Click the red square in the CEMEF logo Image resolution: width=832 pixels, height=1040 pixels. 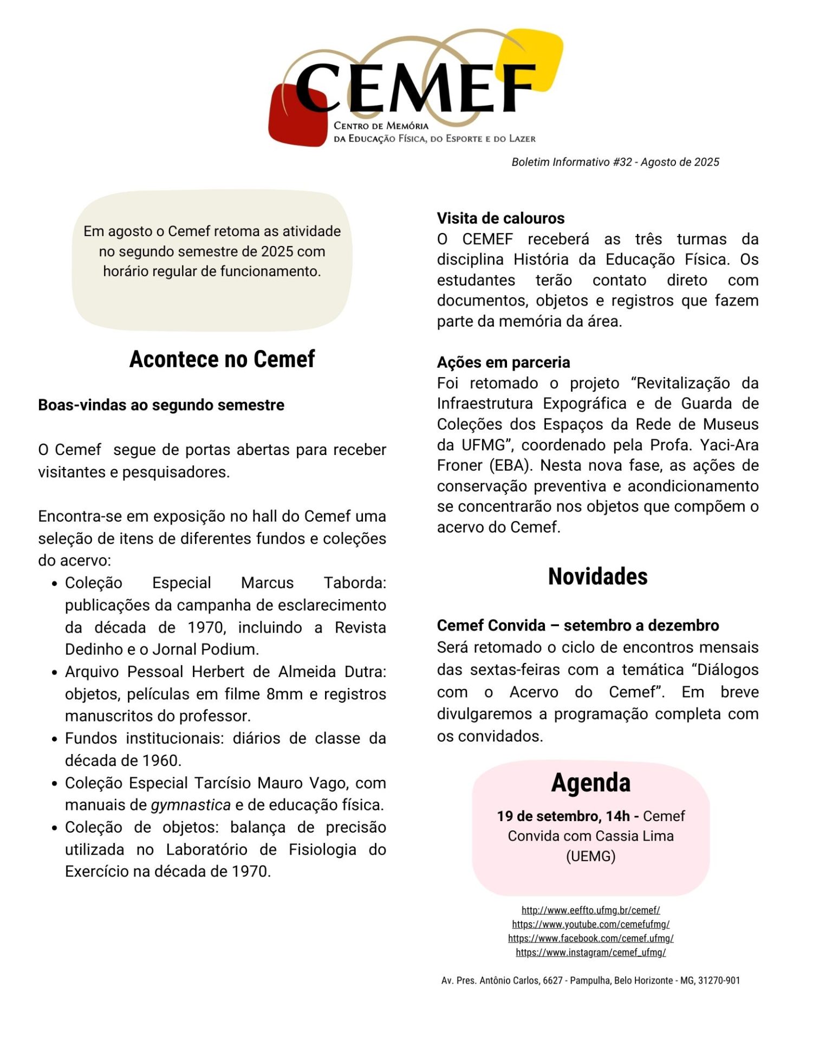point(292,122)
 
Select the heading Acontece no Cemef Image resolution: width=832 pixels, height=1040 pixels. point(222,359)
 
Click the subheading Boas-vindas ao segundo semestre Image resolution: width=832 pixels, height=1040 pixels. point(161,405)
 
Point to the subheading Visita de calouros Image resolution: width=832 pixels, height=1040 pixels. point(500,218)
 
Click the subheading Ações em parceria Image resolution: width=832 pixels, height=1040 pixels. point(503,362)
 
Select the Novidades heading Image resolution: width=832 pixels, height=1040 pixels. point(597,576)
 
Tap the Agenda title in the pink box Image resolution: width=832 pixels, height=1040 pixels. point(590,783)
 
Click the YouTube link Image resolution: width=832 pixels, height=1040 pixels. point(590,924)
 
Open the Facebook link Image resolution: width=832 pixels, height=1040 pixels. point(590,938)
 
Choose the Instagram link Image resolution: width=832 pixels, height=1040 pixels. point(590,952)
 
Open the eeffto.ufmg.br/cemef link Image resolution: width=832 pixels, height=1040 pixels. point(590,910)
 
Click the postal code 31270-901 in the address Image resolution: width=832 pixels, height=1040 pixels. point(719,980)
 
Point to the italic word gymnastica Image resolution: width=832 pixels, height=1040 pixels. point(191,805)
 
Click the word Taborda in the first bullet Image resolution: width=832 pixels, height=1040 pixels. point(355,583)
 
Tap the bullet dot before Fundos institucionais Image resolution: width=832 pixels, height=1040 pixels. point(55,739)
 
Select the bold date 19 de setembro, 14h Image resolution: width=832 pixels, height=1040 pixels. point(563,816)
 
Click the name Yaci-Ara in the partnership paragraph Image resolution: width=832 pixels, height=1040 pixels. point(729,445)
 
